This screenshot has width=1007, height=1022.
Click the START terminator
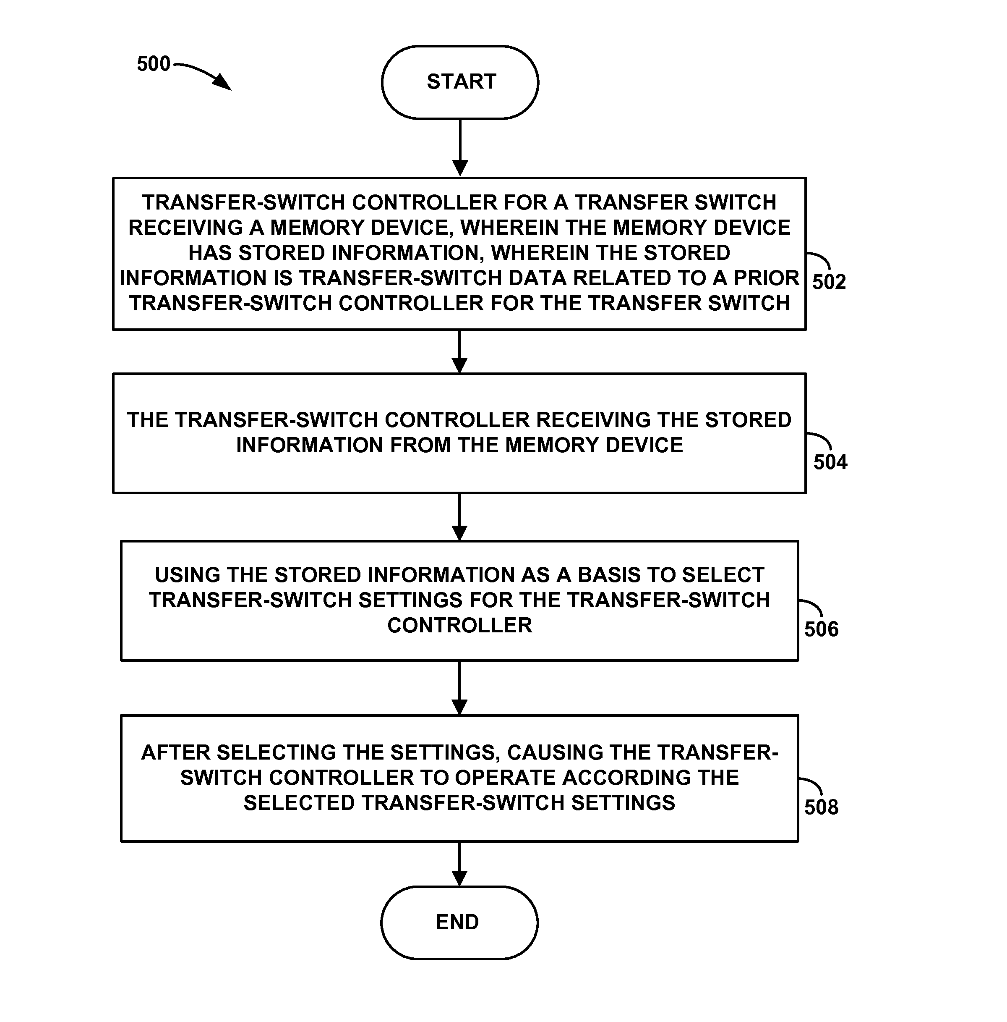tap(460, 82)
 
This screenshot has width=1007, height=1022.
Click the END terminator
tap(459, 922)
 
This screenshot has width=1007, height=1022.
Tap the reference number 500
tap(153, 64)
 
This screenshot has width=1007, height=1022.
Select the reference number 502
tap(829, 281)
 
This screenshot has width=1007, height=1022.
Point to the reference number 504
tap(830, 462)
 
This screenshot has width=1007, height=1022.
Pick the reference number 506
tap(822, 629)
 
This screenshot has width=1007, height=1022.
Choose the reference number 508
tap(822, 807)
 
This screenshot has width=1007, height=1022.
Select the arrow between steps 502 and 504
tap(459, 352)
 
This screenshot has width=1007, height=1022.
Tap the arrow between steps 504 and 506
tap(459, 517)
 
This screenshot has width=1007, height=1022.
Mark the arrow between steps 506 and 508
tap(459, 688)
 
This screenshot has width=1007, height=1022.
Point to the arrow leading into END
tap(459, 864)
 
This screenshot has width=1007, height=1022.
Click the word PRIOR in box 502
tap(766, 278)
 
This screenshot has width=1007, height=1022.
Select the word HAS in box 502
tap(210, 253)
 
